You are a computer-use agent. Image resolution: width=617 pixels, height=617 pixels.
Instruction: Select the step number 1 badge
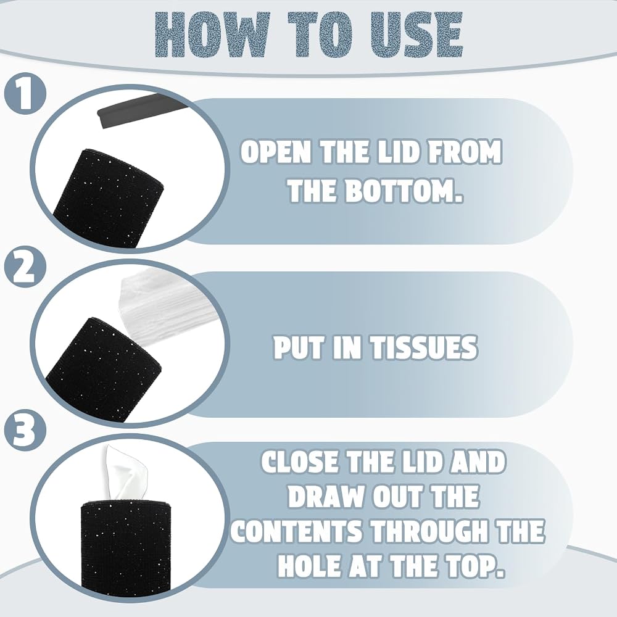25,94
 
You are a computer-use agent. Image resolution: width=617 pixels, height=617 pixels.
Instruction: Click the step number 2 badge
25,267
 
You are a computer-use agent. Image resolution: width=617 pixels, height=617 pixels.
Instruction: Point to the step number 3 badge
25,429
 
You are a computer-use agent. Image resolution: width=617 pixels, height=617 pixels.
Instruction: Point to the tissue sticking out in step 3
126,474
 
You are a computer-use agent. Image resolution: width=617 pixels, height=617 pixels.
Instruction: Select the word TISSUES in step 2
424,347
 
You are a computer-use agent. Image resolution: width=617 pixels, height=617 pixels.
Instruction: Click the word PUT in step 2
299,347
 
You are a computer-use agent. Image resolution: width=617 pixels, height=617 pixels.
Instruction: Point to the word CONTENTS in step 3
296,531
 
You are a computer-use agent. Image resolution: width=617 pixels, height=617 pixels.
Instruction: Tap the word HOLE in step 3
310,565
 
